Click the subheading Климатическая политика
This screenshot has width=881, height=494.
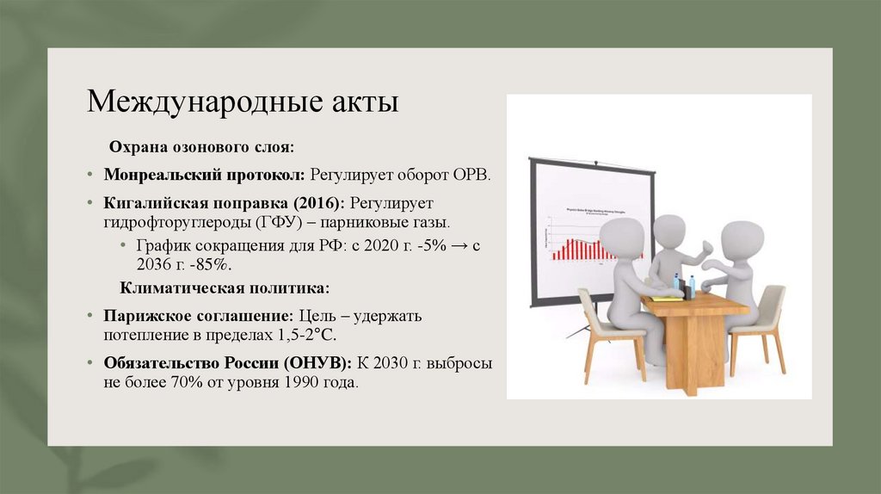click(x=224, y=287)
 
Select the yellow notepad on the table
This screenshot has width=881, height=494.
click(x=665, y=298)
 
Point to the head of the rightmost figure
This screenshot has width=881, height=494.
click(x=742, y=238)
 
